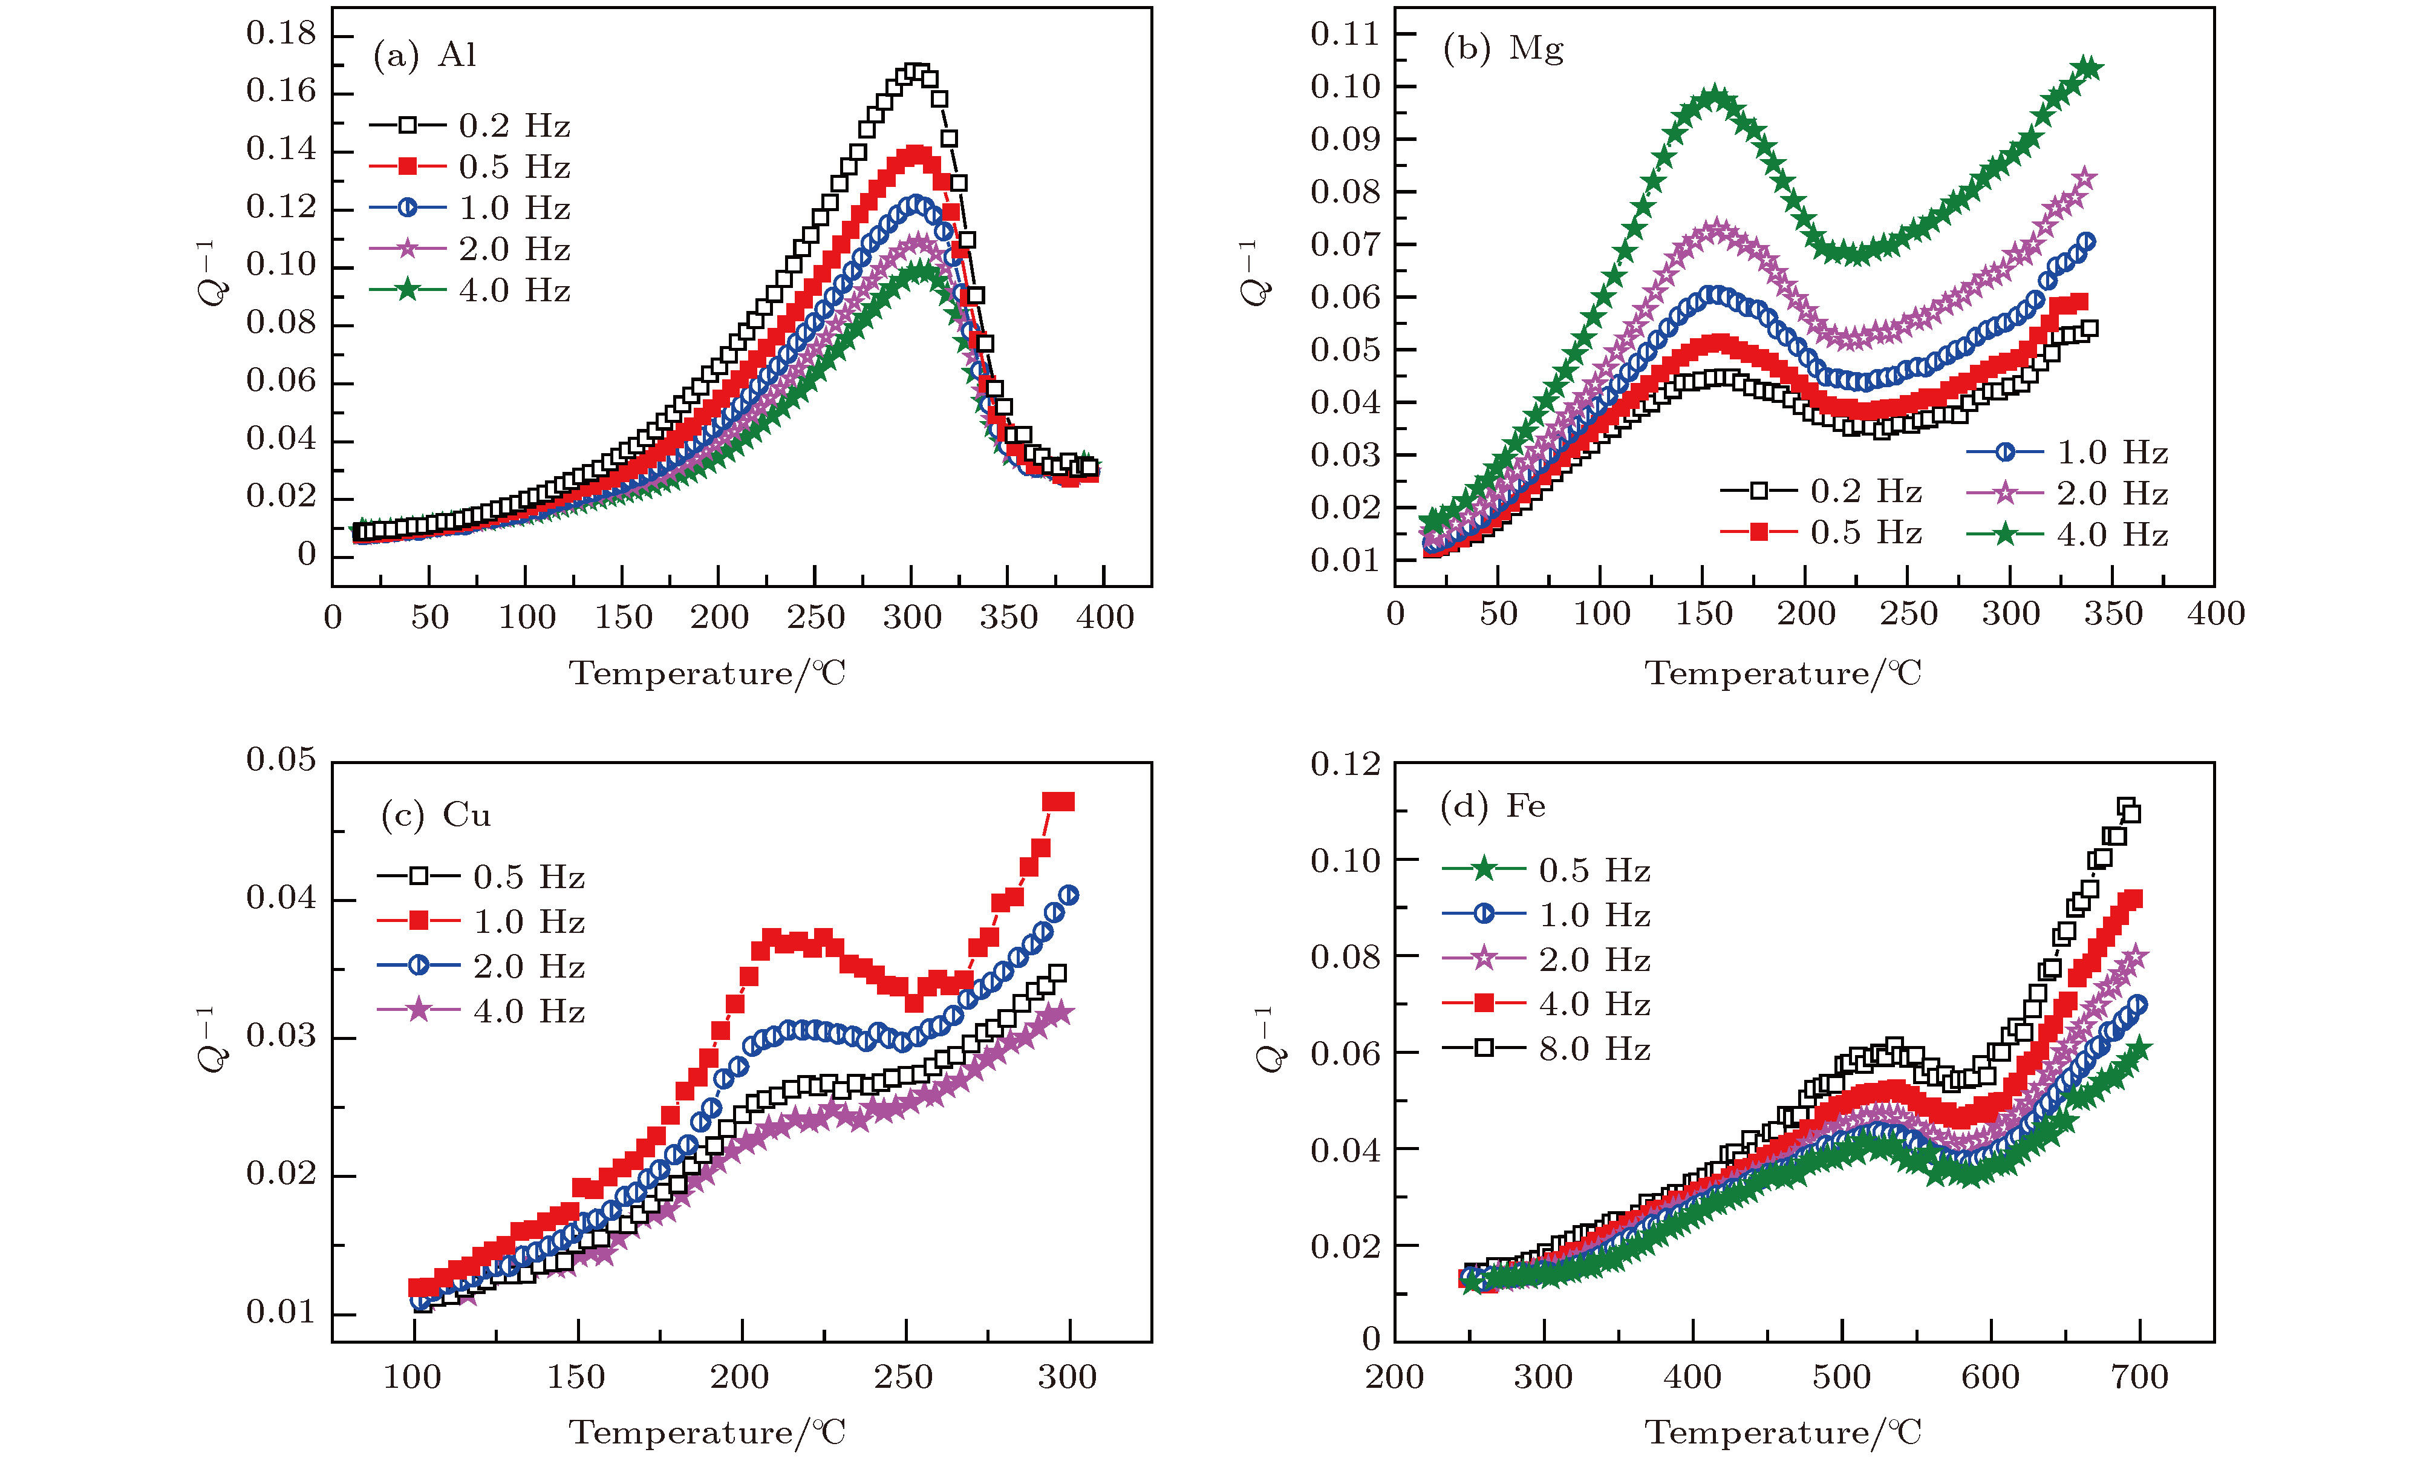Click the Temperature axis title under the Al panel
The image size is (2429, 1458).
coord(707,674)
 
